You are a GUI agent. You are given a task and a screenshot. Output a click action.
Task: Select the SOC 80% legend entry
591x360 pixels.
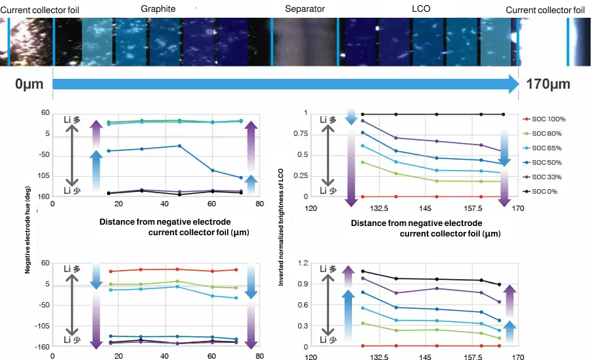(x=546, y=133)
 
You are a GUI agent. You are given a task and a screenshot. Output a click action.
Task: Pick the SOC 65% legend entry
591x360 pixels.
(x=546, y=148)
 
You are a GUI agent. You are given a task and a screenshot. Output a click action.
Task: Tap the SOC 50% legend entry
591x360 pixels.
(x=546, y=162)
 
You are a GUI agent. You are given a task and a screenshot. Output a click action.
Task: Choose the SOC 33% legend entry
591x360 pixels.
(x=546, y=177)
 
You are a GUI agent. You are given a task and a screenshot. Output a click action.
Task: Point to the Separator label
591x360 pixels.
(x=304, y=9)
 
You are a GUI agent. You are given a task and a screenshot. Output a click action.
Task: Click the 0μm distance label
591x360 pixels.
(x=30, y=84)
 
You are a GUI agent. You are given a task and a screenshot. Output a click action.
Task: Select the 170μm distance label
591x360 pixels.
(x=548, y=84)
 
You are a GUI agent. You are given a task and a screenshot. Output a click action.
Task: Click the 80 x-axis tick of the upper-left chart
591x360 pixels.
(x=259, y=204)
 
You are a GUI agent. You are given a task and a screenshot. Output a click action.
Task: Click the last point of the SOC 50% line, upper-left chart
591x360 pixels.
(x=240, y=177)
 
